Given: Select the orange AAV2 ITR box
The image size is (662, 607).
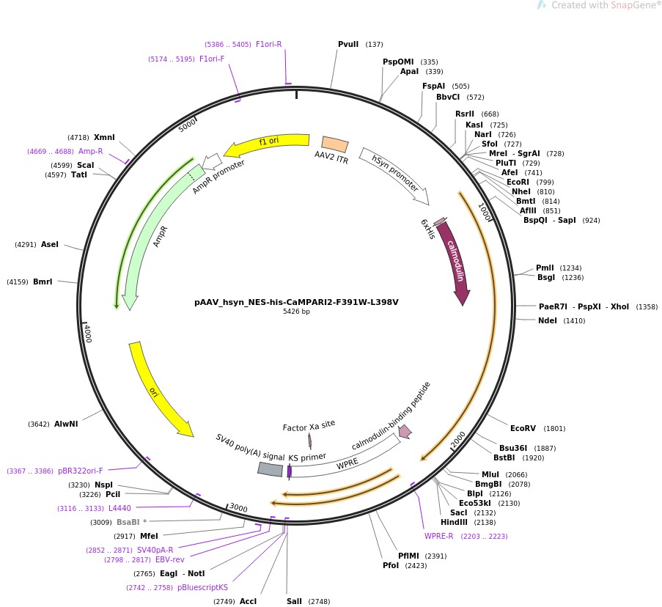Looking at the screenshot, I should tap(335, 144).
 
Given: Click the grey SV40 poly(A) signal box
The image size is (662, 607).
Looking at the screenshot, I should tap(270, 469).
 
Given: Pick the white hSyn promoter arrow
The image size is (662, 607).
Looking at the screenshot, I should tap(393, 175).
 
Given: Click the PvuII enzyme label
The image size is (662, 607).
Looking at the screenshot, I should tap(348, 45).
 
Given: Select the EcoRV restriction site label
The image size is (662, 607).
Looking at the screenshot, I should tap(523, 428).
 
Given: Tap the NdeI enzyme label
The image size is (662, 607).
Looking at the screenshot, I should tap(547, 320).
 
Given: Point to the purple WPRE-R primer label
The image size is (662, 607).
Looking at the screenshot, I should tap(439, 536).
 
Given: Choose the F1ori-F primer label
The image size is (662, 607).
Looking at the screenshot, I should tap(212, 59).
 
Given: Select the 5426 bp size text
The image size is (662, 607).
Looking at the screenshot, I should tap(296, 312).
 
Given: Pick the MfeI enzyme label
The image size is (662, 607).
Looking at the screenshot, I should tap(149, 536).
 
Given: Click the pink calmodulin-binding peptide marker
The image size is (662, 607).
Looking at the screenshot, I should tap(405, 432).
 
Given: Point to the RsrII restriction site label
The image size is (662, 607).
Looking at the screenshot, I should tap(465, 114).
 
